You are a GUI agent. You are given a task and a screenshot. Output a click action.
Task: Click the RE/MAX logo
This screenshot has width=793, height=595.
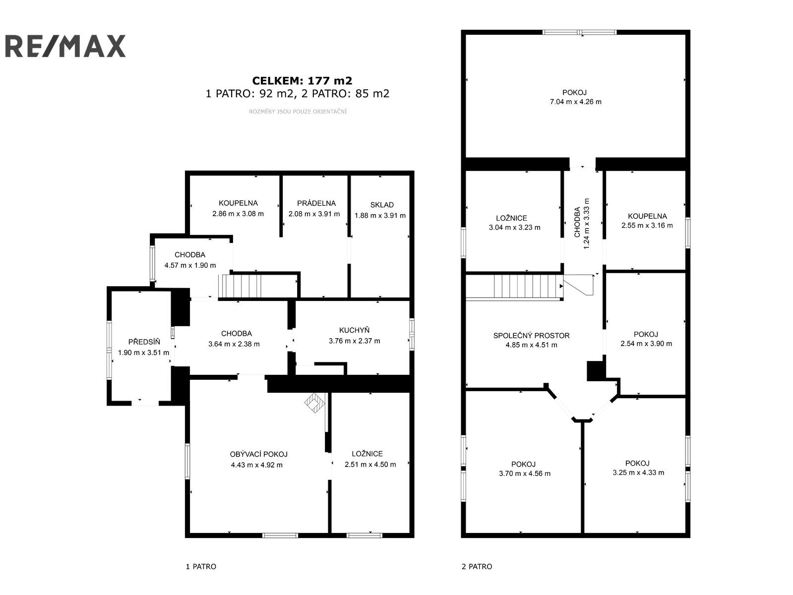(65, 46)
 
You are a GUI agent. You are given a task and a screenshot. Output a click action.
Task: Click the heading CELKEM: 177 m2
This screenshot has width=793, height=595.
(302, 80)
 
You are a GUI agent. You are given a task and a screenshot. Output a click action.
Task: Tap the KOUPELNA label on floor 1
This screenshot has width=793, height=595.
(238, 203)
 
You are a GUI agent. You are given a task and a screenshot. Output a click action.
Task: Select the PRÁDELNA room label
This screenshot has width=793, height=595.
(316, 203)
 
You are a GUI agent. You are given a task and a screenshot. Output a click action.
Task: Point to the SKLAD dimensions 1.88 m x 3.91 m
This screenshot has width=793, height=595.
(380, 215)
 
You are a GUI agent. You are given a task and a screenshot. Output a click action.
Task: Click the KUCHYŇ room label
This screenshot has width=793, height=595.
(354, 330)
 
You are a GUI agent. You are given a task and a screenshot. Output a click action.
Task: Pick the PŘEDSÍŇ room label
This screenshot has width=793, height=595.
(144, 342)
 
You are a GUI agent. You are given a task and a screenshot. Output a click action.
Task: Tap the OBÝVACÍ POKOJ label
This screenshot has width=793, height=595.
(258, 454)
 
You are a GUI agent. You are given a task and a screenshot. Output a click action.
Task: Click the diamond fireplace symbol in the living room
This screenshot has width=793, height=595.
(314, 403)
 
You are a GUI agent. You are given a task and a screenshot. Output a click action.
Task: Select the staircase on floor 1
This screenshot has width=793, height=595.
(242, 286)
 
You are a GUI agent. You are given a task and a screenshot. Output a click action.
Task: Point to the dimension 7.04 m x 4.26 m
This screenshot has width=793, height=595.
(575, 102)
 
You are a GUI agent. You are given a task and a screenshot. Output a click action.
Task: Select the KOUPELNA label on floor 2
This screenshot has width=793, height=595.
(647, 216)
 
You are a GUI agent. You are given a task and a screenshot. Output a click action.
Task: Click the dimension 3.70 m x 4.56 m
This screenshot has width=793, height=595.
(524, 473)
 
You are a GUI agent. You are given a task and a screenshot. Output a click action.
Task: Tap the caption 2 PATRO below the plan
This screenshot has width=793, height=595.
(477, 566)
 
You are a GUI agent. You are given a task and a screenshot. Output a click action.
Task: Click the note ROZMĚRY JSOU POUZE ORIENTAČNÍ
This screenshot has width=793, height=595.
(298, 112)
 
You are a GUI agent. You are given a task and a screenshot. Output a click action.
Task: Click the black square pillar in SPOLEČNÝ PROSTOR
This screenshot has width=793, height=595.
(595, 371)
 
